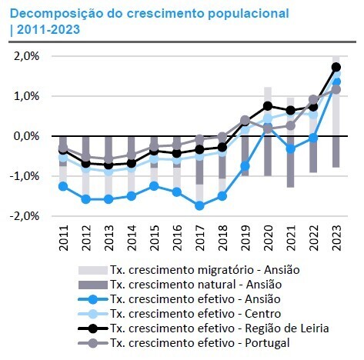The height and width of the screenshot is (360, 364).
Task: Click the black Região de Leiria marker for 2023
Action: click(x=336, y=67)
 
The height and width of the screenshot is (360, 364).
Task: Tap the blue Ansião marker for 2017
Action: click(x=199, y=205)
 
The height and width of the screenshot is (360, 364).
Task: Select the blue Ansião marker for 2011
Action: click(x=62, y=186)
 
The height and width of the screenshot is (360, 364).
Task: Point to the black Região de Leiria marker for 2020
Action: click(x=268, y=106)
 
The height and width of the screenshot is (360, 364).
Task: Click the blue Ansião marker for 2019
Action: click(x=245, y=165)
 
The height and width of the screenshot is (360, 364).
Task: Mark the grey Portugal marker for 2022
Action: click(x=313, y=99)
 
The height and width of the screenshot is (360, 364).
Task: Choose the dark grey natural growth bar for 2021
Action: click(x=290, y=162)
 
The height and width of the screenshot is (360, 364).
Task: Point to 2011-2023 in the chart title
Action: click(x=52, y=29)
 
